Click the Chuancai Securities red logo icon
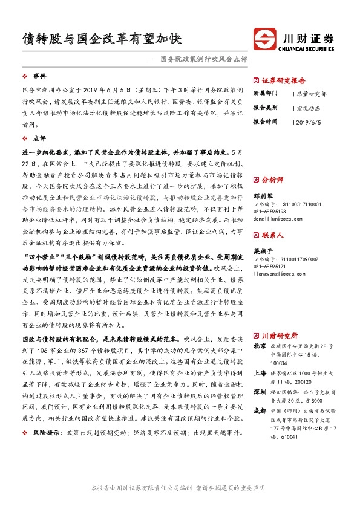coord(264,39)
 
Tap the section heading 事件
coord(39,76)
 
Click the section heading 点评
coord(39,138)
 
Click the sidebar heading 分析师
coord(272,180)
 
